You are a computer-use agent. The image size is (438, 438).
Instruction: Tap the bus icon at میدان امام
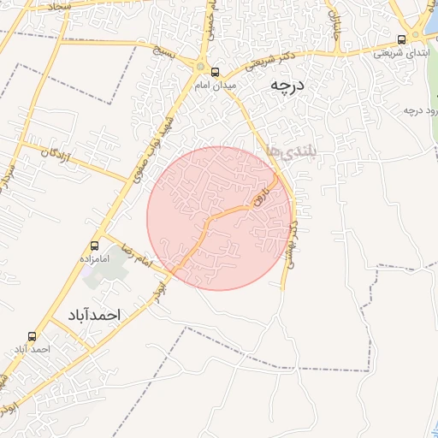215,72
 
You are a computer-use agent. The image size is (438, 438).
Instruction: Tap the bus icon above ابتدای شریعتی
402,39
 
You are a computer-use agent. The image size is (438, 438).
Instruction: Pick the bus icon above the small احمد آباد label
33,336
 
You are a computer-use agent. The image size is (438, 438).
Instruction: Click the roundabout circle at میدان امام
201,68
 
